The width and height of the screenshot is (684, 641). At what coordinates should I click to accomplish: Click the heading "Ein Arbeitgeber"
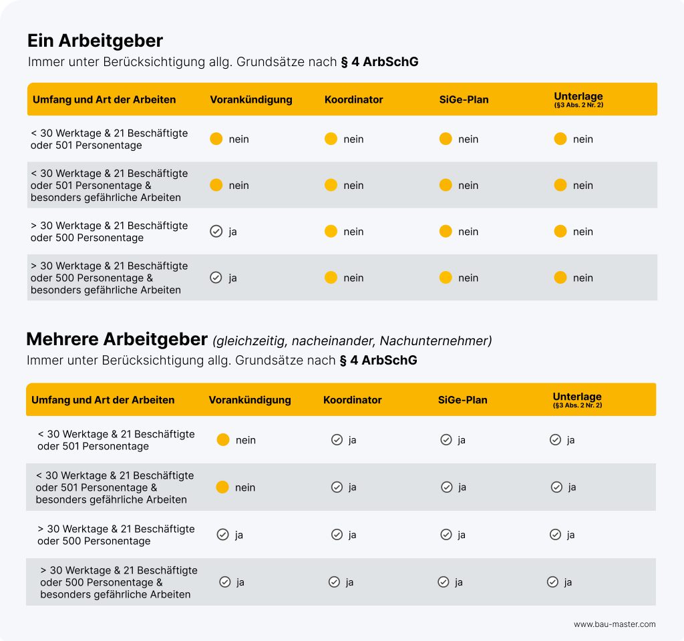[95, 41]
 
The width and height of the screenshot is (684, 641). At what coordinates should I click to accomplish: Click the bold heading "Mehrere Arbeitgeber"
[117, 339]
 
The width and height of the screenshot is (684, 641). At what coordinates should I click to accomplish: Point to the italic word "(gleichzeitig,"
[250, 341]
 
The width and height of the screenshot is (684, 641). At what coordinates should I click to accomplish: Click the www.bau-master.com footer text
[615, 624]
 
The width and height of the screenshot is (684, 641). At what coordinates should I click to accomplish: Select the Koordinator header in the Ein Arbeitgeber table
[353, 99]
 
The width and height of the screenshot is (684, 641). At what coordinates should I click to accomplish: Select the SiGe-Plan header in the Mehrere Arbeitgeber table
[462, 400]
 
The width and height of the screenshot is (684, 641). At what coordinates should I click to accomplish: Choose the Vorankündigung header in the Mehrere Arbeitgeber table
[250, 400]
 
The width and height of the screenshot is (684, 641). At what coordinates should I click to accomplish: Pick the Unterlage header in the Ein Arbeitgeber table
[578, 96]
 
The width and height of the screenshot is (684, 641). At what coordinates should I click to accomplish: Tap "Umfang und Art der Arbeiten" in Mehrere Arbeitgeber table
[103, 400]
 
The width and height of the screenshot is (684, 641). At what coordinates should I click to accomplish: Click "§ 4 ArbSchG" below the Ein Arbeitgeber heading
[379, 62]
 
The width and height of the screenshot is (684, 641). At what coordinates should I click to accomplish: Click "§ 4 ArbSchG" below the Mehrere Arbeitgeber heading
[378, 361]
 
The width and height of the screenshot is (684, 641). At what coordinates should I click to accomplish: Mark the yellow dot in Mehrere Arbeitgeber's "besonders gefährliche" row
[222, 487]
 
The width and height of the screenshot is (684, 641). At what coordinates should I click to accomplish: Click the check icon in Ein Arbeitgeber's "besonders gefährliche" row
[216, 278]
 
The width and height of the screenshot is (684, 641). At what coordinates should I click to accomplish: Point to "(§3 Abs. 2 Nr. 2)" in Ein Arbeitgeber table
[578, 105]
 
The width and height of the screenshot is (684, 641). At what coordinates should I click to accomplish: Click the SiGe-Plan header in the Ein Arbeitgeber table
[464, 99]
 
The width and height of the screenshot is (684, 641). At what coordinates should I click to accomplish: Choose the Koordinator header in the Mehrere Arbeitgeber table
[352, 400]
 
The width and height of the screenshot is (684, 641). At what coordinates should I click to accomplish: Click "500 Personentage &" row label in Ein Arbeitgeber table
[92, 278]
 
